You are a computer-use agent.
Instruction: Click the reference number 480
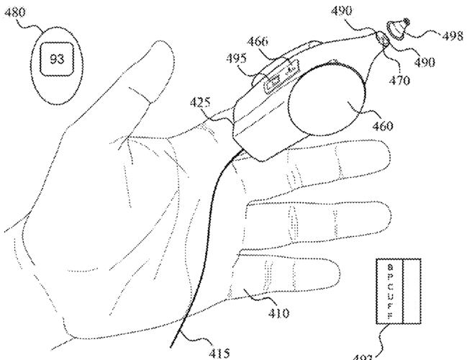click(15, 12)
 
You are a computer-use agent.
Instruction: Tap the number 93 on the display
click(56, 59)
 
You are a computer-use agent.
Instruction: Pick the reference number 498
click(453, 34)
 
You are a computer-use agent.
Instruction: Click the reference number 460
click(383, 126)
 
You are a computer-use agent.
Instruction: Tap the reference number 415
click(219, 353)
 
